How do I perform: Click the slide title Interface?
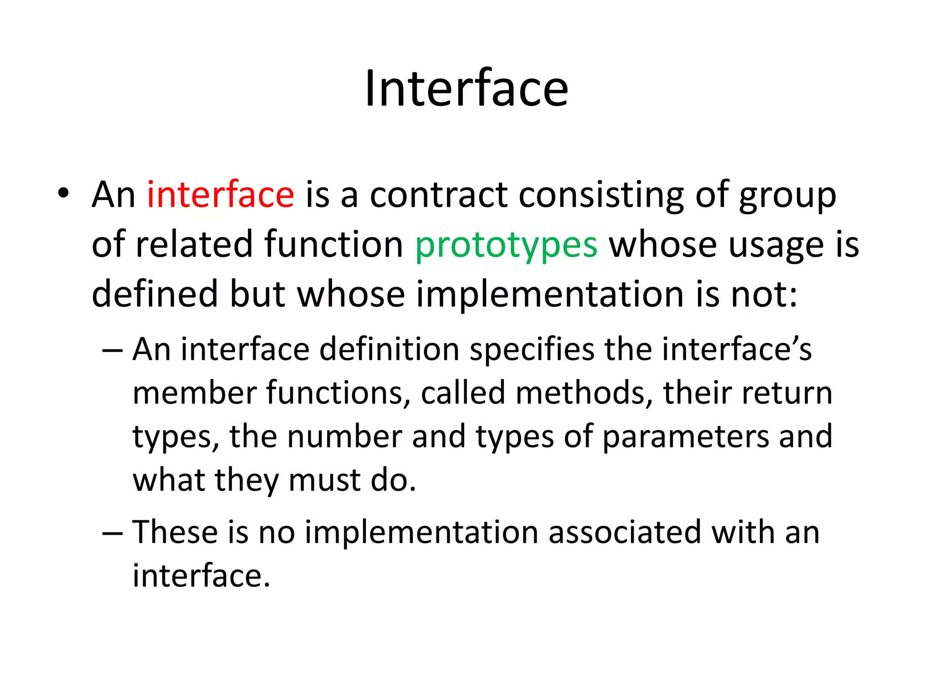coord(466,88)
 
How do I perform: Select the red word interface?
coord(220,195)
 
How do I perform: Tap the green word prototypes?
coord(506,245)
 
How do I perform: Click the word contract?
coord(438,195)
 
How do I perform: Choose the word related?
coord(194,244)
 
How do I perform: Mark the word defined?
coord(155,294)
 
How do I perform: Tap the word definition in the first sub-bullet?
coord(389,350)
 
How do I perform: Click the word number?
coord(344,436)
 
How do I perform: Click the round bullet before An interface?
coord(63,193)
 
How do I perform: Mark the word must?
coord(324,480)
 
